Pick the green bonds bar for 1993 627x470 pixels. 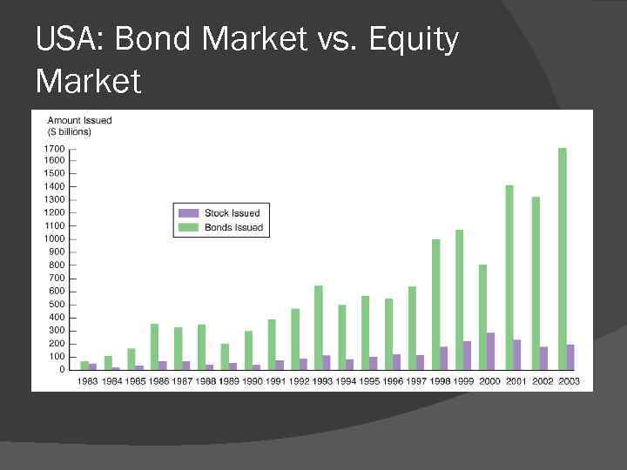(319, 327)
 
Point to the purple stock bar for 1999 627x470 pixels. (468, 355)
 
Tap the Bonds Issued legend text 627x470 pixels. (233, 228)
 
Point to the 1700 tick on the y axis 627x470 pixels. (53, 147)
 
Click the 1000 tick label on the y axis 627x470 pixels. (53, 238)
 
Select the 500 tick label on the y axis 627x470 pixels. (56, 304)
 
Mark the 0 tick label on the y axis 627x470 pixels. (61, 369)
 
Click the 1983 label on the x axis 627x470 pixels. (88, 381)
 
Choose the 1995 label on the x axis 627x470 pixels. (369, 381)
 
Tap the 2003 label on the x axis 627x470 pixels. (568, 381)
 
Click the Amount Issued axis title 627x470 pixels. (79, 120)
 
